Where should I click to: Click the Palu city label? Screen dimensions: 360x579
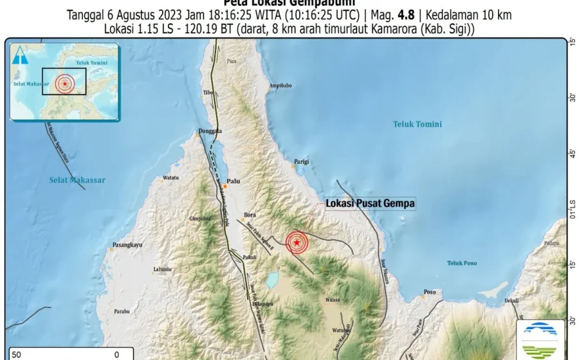(233, 182)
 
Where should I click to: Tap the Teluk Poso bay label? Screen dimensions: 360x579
(465, 263)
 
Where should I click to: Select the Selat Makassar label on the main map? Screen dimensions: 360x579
(77, 180)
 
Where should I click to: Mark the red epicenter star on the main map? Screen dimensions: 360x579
(297, 242)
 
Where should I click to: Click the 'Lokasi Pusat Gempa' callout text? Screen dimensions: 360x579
(371, 204)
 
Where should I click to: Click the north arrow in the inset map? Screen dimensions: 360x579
(23, 57)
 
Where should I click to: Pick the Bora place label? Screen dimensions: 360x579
(250, 215)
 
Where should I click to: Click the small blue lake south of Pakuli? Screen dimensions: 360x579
(272, 279)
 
